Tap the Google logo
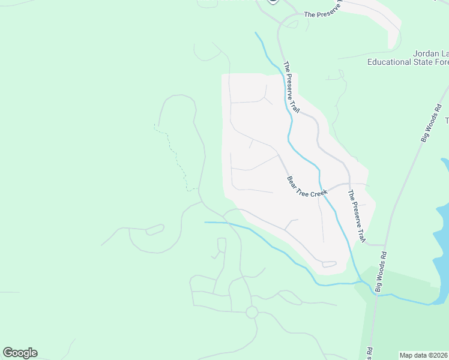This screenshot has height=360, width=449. [20, 352]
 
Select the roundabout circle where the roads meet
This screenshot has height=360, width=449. [252, 312]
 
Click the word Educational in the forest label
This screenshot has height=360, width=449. [389, 62]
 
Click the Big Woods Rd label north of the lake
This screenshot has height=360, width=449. [431, 124]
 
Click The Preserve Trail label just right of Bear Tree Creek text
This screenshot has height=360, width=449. [357, 217]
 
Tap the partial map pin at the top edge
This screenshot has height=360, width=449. [273, 2]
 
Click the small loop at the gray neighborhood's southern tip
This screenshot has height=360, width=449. [329, 264]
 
